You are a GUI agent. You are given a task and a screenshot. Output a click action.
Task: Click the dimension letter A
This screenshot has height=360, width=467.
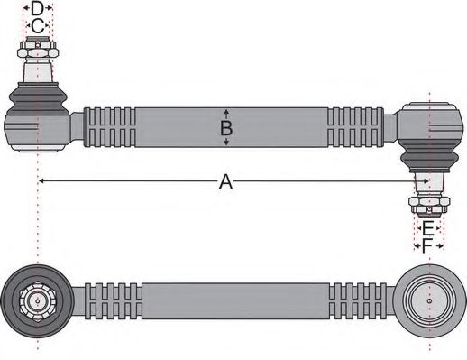(226, 182)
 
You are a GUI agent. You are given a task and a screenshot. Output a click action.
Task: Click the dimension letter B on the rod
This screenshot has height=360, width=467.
(226, 128)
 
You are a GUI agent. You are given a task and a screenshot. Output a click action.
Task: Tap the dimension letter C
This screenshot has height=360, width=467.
(36, 27)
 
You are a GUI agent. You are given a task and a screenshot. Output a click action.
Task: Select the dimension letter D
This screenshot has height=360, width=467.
(36, 9)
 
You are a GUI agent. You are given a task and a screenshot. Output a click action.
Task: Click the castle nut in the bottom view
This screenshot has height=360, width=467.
(38, 300)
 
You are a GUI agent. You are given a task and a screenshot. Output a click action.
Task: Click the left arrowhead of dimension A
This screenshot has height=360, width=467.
(41, 182)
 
